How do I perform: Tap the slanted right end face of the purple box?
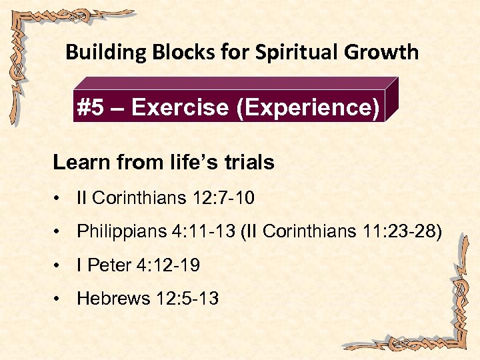click(392, 100)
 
